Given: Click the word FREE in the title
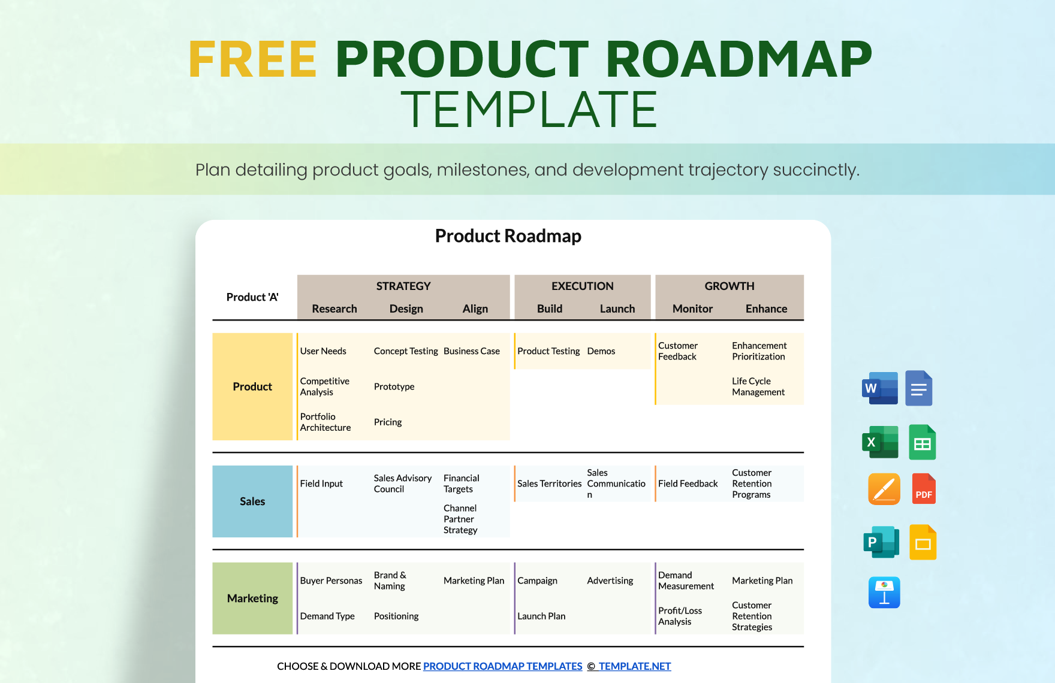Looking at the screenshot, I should (252, 59).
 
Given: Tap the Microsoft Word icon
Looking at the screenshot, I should (879, 388).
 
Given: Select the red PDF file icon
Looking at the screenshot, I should (924, 488).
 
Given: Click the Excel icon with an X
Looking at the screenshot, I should (879, 442).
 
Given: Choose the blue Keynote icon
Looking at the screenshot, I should (884, 593).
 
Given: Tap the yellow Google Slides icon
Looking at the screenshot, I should (923, 542).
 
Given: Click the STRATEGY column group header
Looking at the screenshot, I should (403, 286).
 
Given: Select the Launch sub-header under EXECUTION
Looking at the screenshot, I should (617, 309).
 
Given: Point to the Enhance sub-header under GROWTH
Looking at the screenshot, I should (766, 309).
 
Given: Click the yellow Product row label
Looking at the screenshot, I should (252, 387).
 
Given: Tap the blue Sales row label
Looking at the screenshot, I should (252, 501).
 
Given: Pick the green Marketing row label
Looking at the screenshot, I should (252, 599).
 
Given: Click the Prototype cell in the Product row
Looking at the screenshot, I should (394, 387).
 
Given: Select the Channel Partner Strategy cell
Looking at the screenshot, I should (460, 519).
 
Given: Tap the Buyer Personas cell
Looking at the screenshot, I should (331, 581).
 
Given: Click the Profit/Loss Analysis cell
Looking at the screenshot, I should (680, 616).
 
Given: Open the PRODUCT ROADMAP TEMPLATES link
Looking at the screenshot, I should (502, 666).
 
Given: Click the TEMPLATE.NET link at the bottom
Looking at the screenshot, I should (634, 666).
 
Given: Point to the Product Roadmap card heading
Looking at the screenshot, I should (508, 236).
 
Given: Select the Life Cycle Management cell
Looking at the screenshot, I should (758, 386).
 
